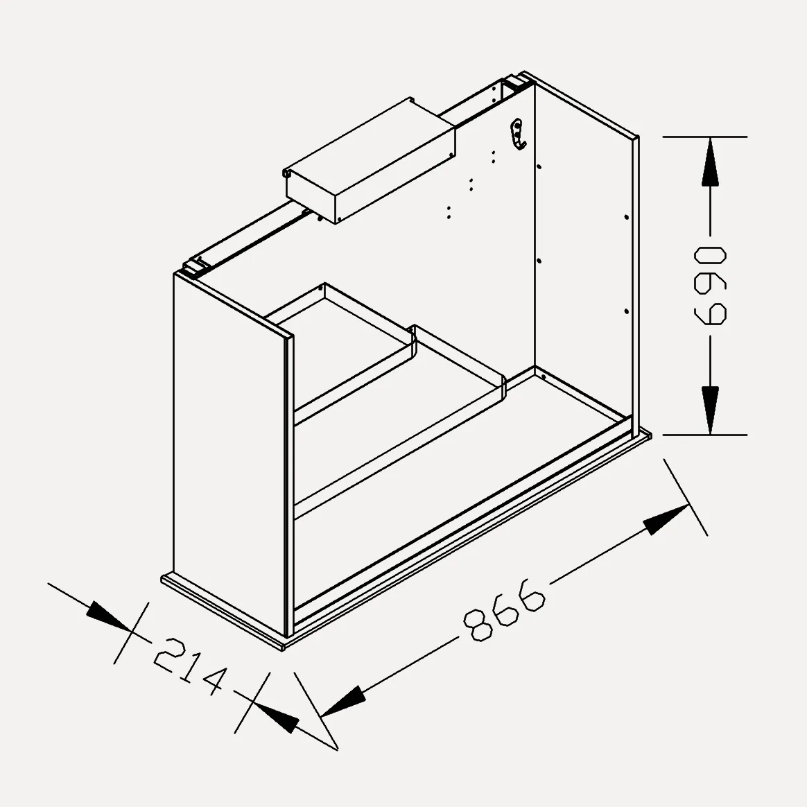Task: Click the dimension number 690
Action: click(x=710, y=286)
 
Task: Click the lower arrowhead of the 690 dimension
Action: click(x=710, y=410)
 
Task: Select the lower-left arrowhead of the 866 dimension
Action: click(x=343, y=701)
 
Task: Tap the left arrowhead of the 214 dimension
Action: click(x=109, y=616)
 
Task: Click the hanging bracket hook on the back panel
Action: click(x=517, y=134)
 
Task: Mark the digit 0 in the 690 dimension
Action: click(x=710, y=257)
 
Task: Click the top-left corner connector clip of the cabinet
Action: click(x=196, y=267)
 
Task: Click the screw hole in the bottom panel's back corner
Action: click(x=544, y=377)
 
